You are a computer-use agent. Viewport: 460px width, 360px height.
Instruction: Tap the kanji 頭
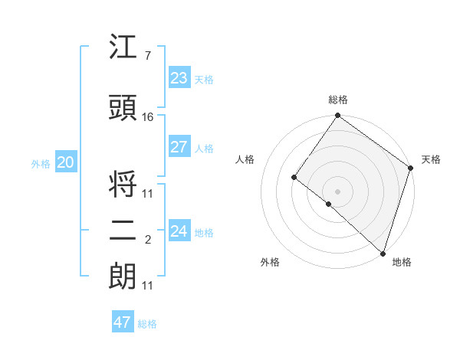(x=123, y=110)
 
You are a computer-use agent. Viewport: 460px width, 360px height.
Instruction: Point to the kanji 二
(x=123, y=233)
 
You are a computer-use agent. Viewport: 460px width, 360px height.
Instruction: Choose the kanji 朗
(x=123, y=277)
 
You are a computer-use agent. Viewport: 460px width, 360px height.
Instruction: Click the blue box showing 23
(x=179, y=78)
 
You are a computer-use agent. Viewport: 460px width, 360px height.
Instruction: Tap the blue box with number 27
(x=179, y=147)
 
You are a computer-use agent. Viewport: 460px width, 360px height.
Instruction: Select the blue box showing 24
(x=179, y=231)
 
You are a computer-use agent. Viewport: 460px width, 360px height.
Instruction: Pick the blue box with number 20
(x=65, y=162)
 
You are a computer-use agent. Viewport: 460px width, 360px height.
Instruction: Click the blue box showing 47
(x=123, y=322)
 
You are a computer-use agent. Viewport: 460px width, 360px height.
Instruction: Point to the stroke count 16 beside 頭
(x=148, y=117)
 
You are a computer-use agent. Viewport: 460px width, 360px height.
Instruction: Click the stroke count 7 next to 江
(x=148, y=56)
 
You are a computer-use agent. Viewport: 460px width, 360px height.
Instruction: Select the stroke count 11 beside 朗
(x=148, y=286)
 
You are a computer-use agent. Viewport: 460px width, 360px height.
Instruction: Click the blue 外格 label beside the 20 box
(x=41, y=163)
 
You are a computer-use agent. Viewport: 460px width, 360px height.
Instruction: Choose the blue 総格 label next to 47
(x=147, y=324)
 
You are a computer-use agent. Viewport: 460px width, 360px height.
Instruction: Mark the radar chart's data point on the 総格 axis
(x=337, y=116)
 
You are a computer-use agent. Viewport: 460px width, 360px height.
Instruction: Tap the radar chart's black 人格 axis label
(x=245, y=159)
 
